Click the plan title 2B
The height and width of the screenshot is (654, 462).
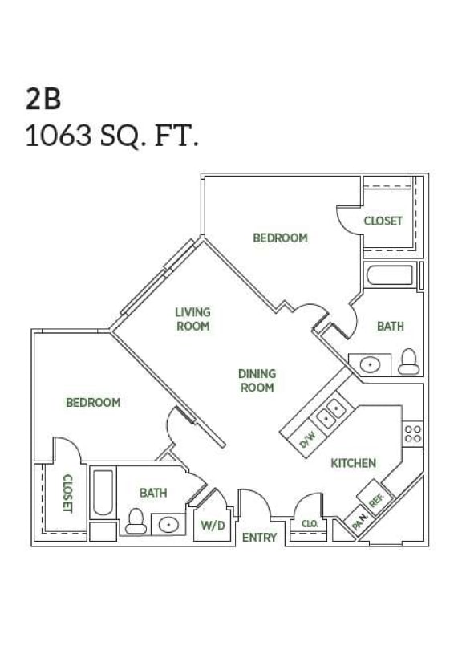pyautogui.click(x=43, y=98)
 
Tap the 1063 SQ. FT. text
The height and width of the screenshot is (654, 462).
pyautogui.click(x=111, y=136)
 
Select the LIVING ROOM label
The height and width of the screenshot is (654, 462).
pyautogui.click(x=192, y=319)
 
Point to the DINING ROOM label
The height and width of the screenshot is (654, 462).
pyautogui.click(x=257, y=380)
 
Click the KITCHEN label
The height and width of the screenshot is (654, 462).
pyautogui.click(x=354, y=463)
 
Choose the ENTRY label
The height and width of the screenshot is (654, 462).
pyautogui.click(x=259, y=537)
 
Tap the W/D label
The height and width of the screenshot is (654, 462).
pyautogui.click(x=212, y=526)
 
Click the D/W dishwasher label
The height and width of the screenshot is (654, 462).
pyautogui.click(x=307, y=439)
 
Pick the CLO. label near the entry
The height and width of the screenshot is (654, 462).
pyautogui.click(x=310, y=523)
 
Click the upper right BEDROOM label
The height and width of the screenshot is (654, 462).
pyautogui.click(x=280, y=238)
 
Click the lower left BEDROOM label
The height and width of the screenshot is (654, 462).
pyautogui.click(x=93, y=402)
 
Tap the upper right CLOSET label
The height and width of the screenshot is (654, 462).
pyautogui.click(x=383, y=221)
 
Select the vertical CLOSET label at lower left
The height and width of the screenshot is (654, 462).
pyautogui.click(x=67, y=494)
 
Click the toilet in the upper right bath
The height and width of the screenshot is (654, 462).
pyautogui.click(x=410, y=362)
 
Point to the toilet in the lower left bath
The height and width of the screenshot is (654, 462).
pyautogui.click(x=136, y=523)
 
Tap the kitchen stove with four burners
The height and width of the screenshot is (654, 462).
pyautogui.click(x=413, y=434)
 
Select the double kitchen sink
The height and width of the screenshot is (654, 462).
pyautogui.click(x=330, y=413)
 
